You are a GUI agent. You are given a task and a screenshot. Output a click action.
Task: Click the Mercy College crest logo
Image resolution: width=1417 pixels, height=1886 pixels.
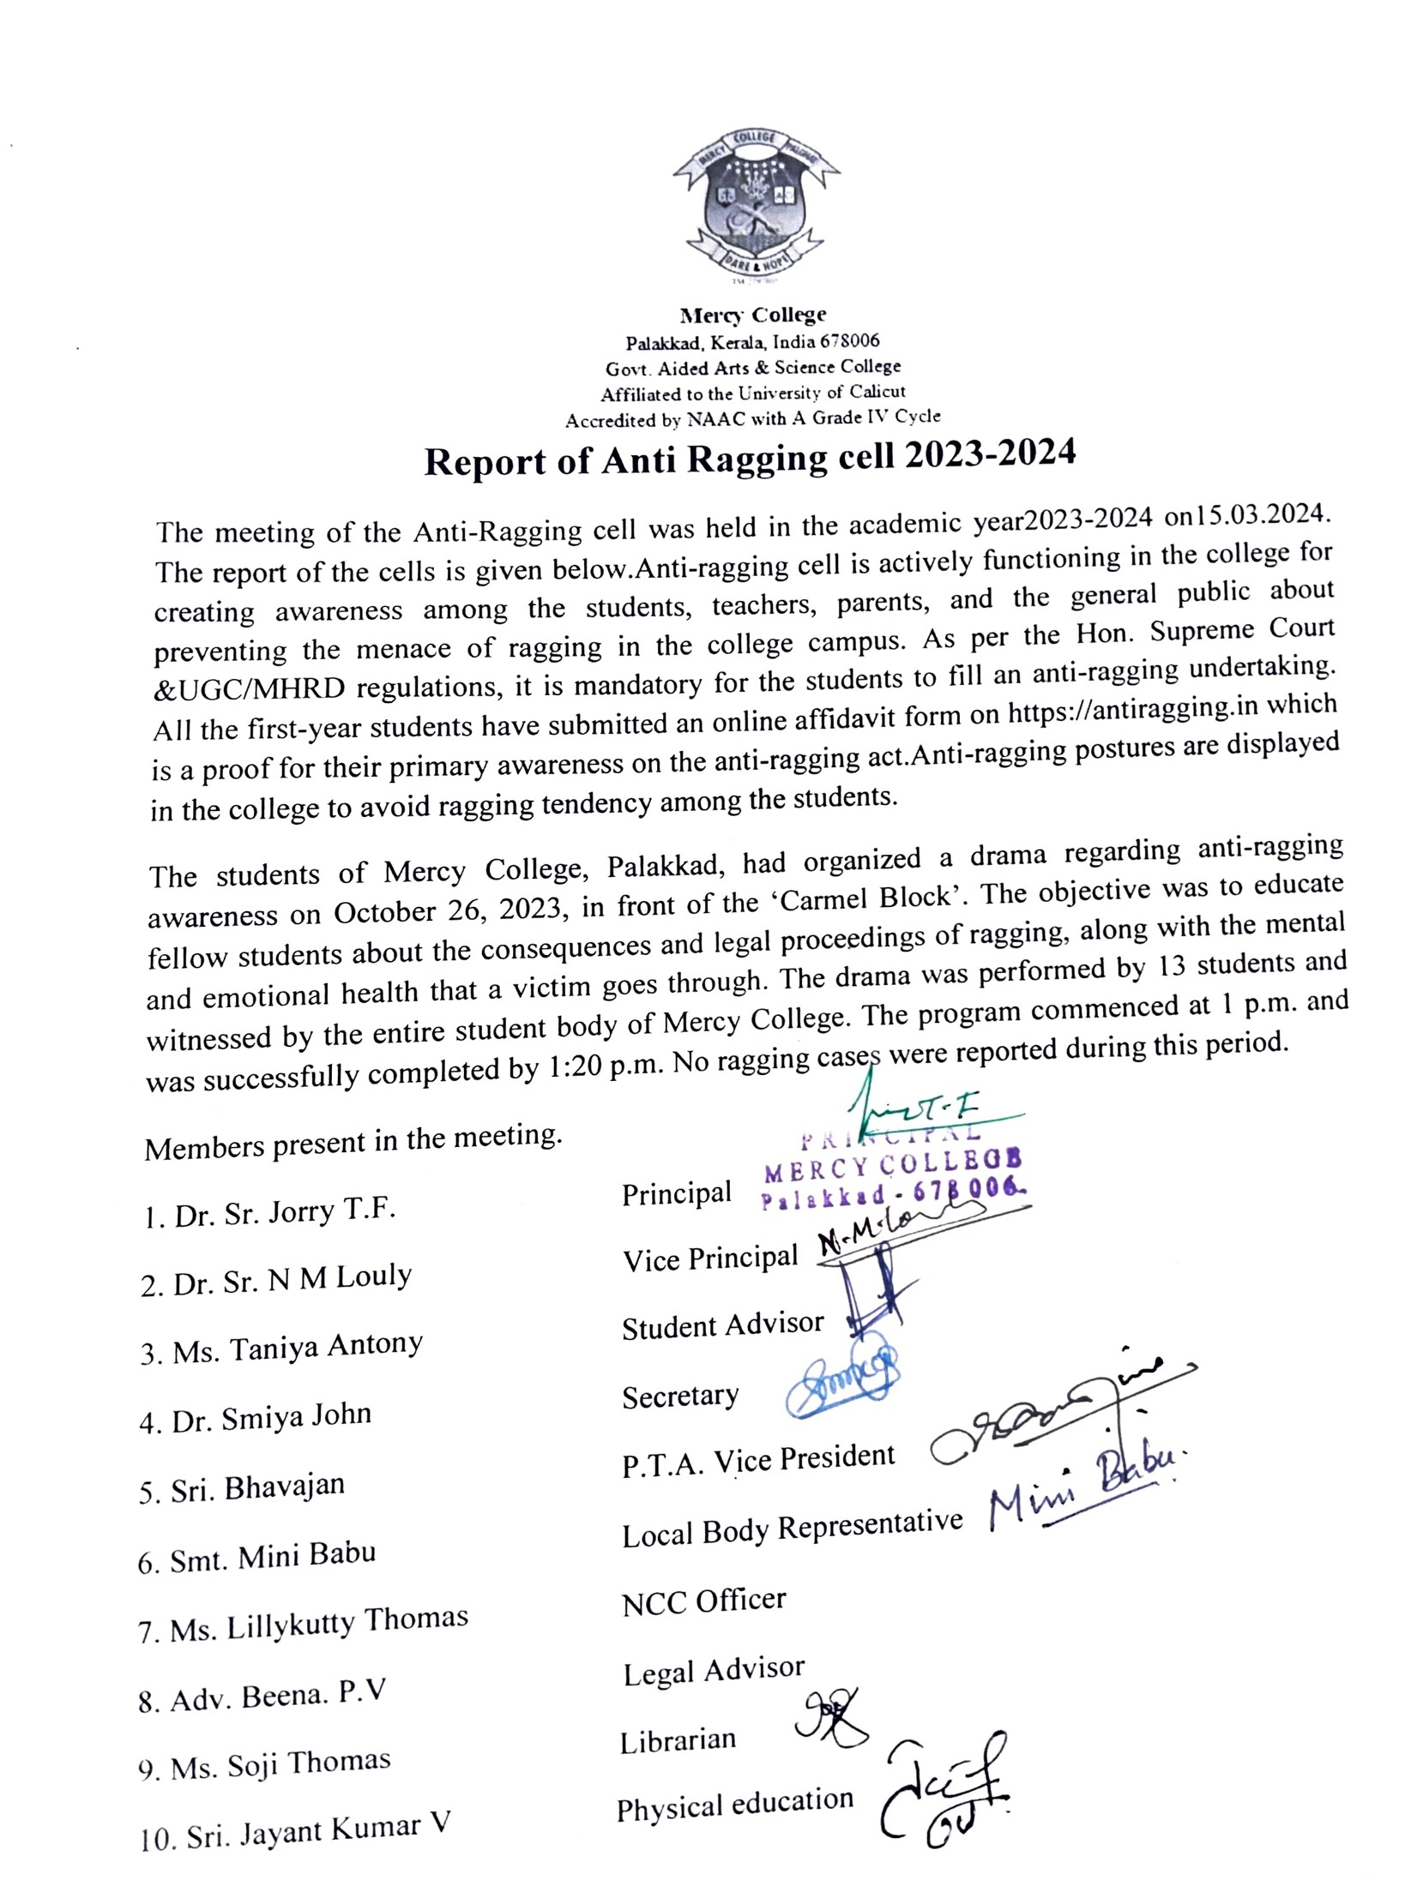coord(756,207)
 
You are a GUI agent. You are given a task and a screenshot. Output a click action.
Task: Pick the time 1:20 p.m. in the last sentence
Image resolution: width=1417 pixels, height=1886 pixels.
coord(602,1067)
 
